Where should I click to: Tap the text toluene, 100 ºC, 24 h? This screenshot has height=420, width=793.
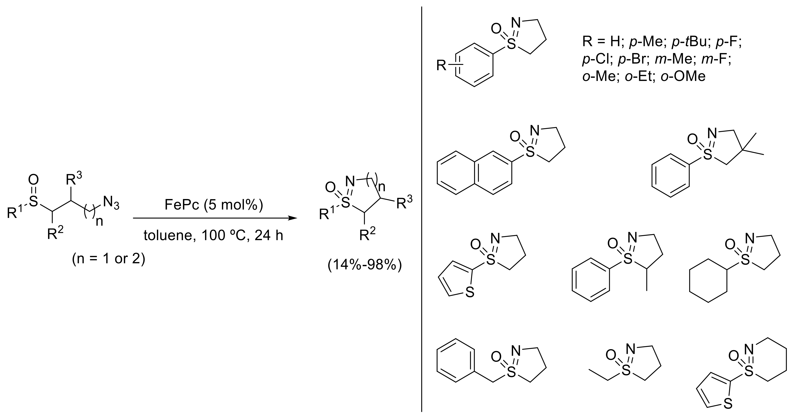click(213, 236)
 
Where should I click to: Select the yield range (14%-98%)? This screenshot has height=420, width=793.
click(365, 265)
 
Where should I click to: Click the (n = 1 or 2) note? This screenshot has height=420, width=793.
click(108, 259)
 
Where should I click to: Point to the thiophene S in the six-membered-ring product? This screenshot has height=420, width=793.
click(728, 412)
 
